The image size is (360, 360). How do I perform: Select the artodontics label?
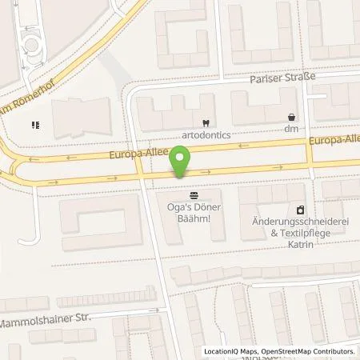[x=206, y=136]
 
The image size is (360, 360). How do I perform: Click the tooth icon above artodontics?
[x=206, y=123]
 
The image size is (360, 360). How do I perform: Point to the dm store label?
[x=290, y=129]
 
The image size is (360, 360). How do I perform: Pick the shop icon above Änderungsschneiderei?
[x=300, y=208]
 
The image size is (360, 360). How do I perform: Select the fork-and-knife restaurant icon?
[x=34, y=125]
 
